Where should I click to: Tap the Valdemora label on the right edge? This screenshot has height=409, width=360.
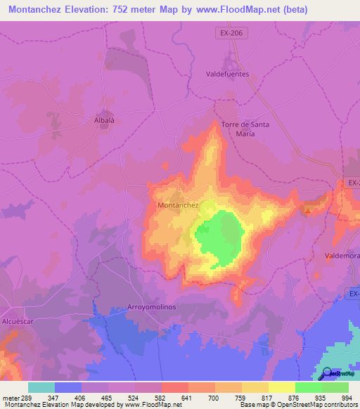343,257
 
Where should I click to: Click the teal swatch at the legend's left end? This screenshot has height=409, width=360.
41,387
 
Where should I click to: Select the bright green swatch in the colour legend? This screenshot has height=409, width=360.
308,387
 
